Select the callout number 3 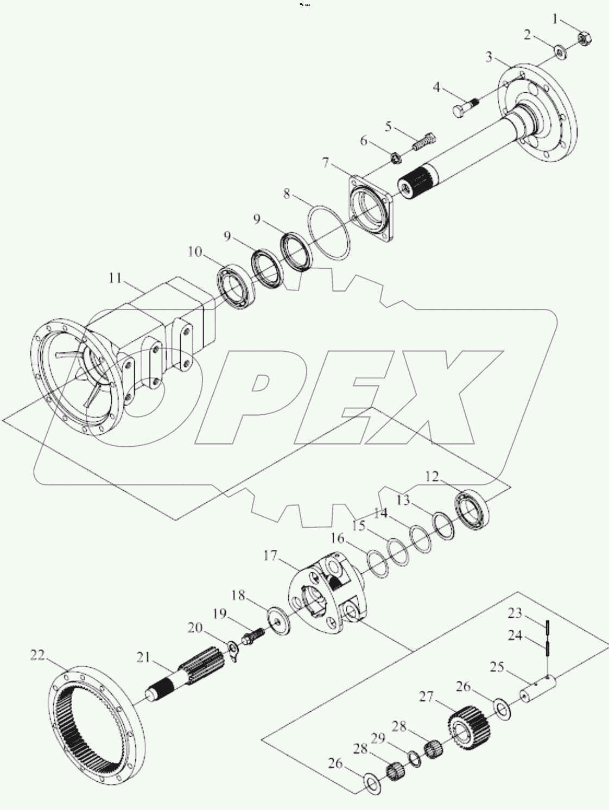point(489,56)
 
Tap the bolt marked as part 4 point(463,107)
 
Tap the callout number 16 point(353,538)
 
